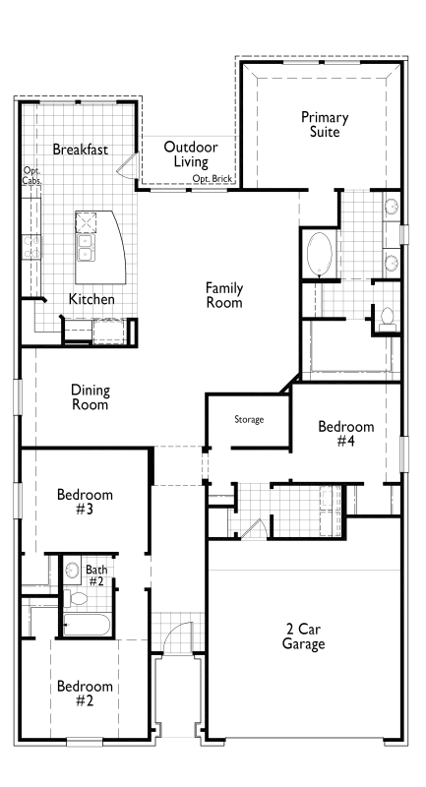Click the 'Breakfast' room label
click(81, 150)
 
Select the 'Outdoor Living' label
click(191, 153)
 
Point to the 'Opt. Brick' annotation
click(213, 179)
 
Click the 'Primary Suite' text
click(325, 124)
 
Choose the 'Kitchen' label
click(91, 299)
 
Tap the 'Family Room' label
click(224, 295)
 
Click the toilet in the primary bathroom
click(387, 317)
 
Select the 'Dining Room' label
click(90, 396)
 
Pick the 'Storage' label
click(249, 420)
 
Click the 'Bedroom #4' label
click(346, 434)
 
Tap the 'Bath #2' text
click(96, 575)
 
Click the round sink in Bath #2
click(71, 571)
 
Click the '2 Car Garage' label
click(304, 636)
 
